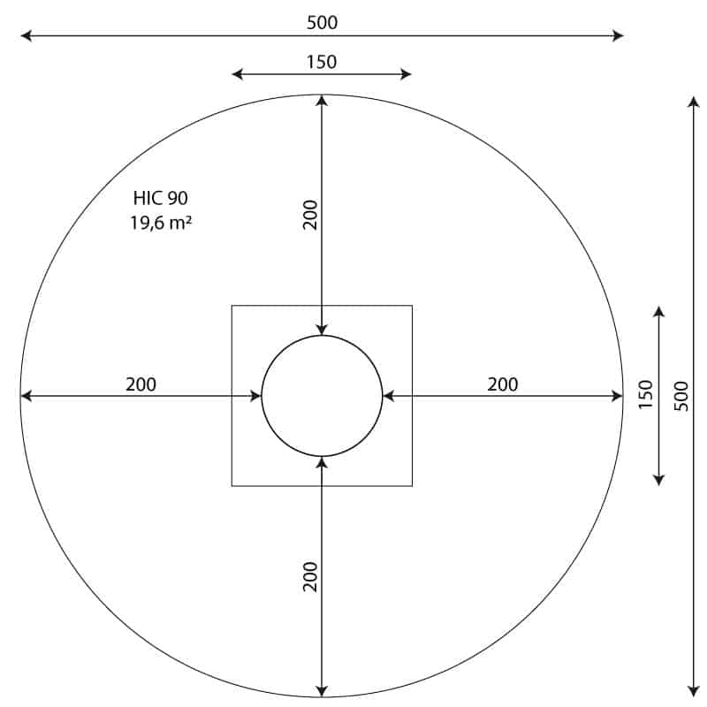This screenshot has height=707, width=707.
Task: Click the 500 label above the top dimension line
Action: (322, 23)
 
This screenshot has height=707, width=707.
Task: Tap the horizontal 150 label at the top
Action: (322, 62)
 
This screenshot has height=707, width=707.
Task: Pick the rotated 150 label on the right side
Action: (646, 394)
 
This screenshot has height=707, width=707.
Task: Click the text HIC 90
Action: (161, 198)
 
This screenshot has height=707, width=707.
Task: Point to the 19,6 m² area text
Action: (161, 223)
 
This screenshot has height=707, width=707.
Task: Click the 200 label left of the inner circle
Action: (141, 384)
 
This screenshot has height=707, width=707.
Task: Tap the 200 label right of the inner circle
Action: (502, 384)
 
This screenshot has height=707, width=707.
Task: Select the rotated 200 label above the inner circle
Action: (310, 215)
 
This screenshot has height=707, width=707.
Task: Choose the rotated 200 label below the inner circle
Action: (310, 577)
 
